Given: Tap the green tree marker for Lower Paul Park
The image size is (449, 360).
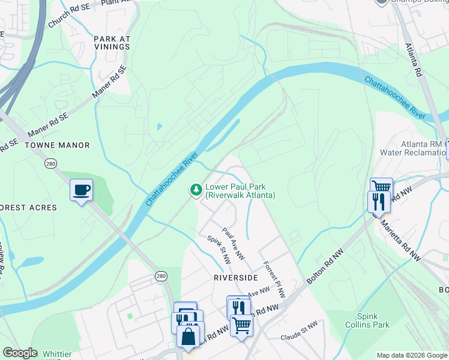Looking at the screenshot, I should pos(196,190).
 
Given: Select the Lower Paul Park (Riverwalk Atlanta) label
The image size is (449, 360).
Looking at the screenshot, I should pos(240,191).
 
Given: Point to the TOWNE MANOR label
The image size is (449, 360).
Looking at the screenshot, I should pos(57,145).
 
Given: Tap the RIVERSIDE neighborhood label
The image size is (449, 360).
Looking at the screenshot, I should pos(235,278).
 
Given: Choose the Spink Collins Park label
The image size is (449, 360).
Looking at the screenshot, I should pos(373,320).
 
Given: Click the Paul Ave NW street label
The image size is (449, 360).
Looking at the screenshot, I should pos(234,244).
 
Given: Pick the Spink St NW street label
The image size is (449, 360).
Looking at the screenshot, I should pos(219,250).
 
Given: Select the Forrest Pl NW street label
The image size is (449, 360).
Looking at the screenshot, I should pos(274,278).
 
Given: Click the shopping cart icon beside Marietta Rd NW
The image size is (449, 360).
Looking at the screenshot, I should pos(381,187).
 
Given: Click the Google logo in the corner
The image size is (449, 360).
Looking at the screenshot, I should pos(20,353).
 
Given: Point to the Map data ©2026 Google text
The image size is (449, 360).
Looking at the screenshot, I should pos(412,355).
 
